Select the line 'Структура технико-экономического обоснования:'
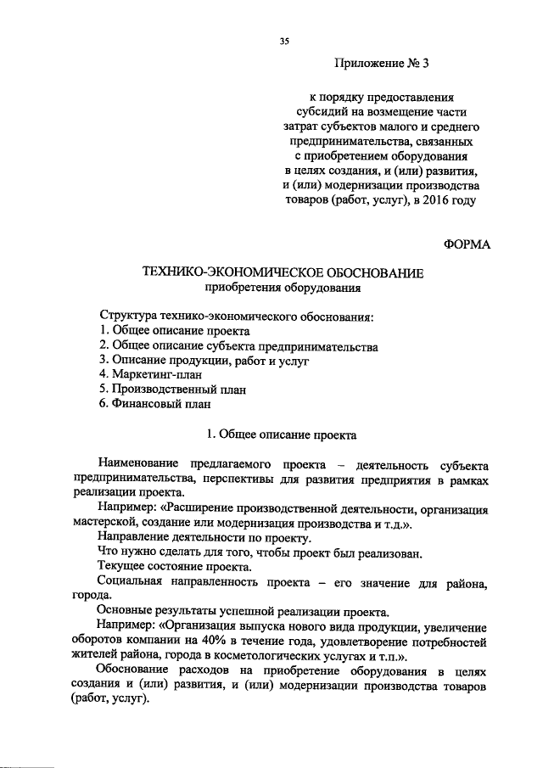(237, 317)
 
